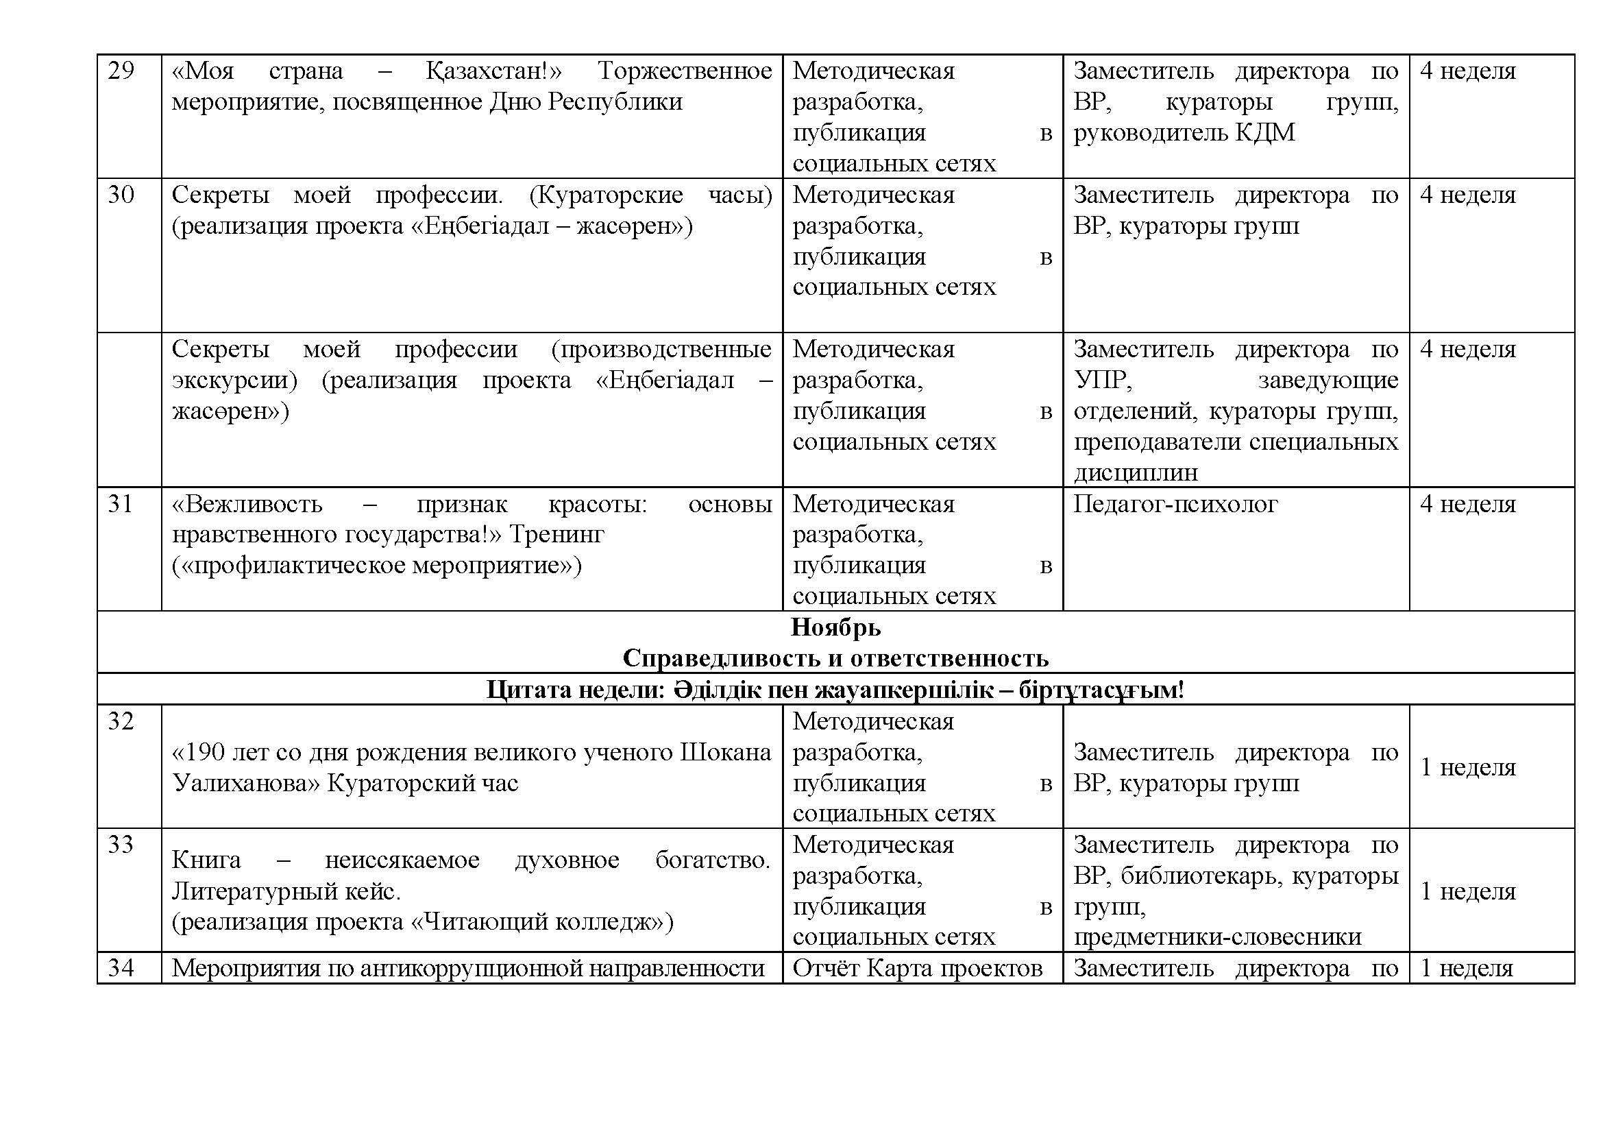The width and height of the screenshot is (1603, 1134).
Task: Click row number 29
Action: click(x=121, y=71)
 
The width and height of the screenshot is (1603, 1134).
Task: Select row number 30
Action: click(x=121, y=195)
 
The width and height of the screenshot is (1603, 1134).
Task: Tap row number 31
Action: click(x=121, y=504)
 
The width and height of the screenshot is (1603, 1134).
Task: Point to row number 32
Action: click(x=121, y=721)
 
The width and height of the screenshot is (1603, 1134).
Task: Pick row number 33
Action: click(x=121, y=845)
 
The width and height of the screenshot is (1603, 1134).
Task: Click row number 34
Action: click(x=121, y=969)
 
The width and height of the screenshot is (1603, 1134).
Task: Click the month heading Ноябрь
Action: click(x=835, y=628)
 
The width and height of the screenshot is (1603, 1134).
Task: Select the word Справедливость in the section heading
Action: click(x=725, y=658)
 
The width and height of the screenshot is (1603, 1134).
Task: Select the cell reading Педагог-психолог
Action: click(x=1175, y=504)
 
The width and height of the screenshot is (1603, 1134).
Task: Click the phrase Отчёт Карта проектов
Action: click(x=918, y=969)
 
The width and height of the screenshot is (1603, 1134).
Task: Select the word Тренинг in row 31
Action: click(x=556, y=535)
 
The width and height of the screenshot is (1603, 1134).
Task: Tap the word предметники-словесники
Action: click(x=1217, y=937)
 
